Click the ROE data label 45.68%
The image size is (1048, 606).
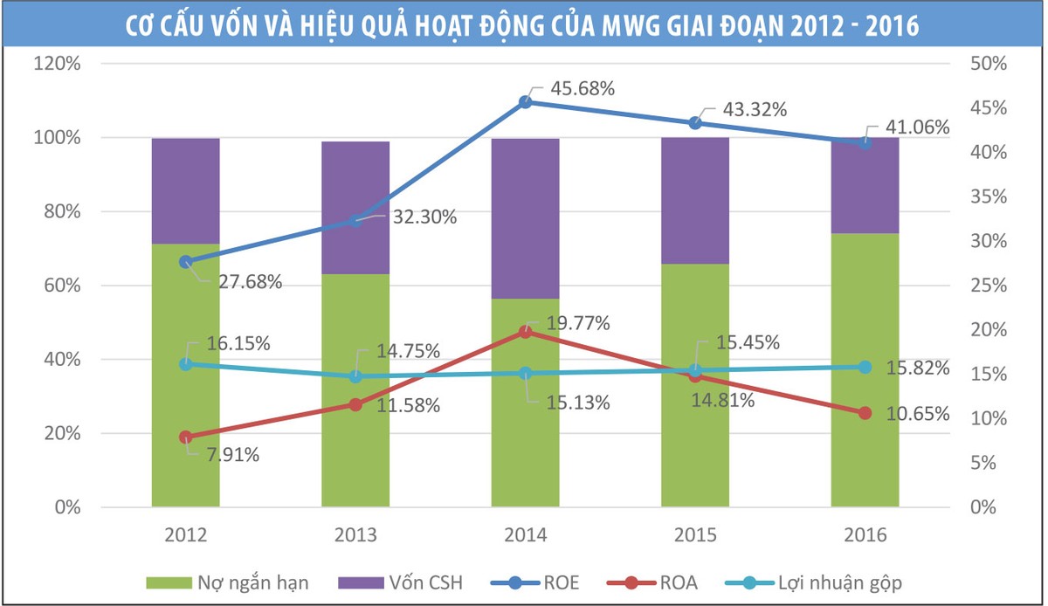(x=583, y=89)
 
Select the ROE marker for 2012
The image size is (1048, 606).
(x=185, y=262)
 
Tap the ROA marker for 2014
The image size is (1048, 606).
(x=525, y=332)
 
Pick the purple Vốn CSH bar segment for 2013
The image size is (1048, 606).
(x=355, y=208)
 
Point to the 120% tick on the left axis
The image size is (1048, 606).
(x=57, y=64)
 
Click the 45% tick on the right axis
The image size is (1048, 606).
(x=991, y=108)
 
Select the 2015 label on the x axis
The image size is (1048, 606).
(x=695, y=535)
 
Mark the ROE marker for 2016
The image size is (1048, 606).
(x=865, y=142)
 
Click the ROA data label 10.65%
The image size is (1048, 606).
(x=917, y=414)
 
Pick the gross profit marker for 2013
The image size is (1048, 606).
(x=355, y=376)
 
